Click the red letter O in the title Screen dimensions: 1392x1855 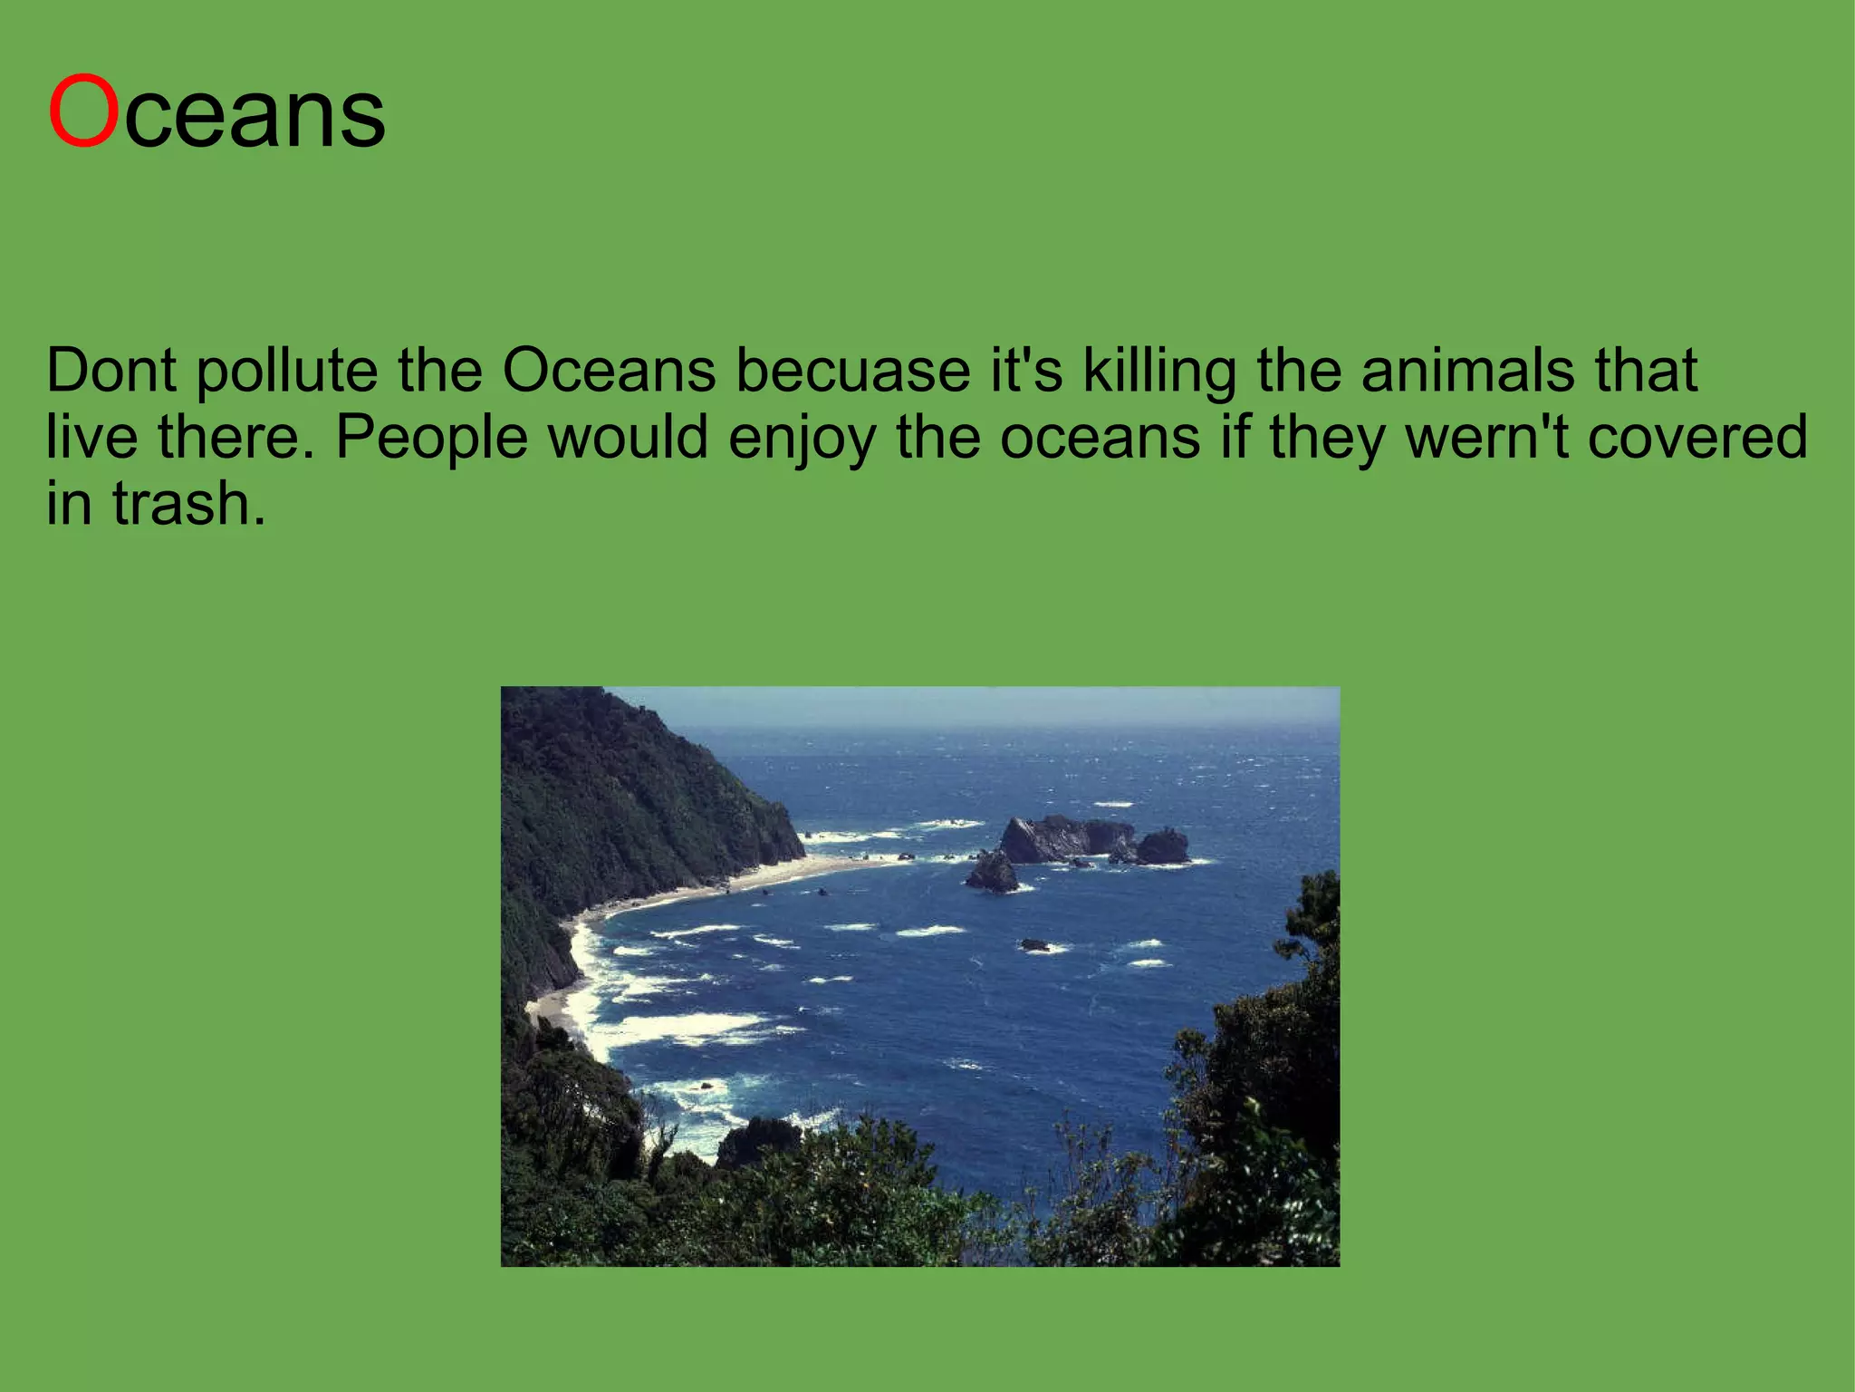tap(83, 112)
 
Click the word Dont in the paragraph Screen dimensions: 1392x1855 tap(111, 371)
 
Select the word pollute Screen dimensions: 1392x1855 tap(286, 372)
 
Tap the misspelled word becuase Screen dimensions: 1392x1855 tap(852, 371)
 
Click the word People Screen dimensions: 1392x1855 tap(432, 439)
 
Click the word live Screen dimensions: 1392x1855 tap(91, 438)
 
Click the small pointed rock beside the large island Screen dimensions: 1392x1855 tap(993, 872)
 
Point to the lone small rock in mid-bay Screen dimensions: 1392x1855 tap(1033, 945)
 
